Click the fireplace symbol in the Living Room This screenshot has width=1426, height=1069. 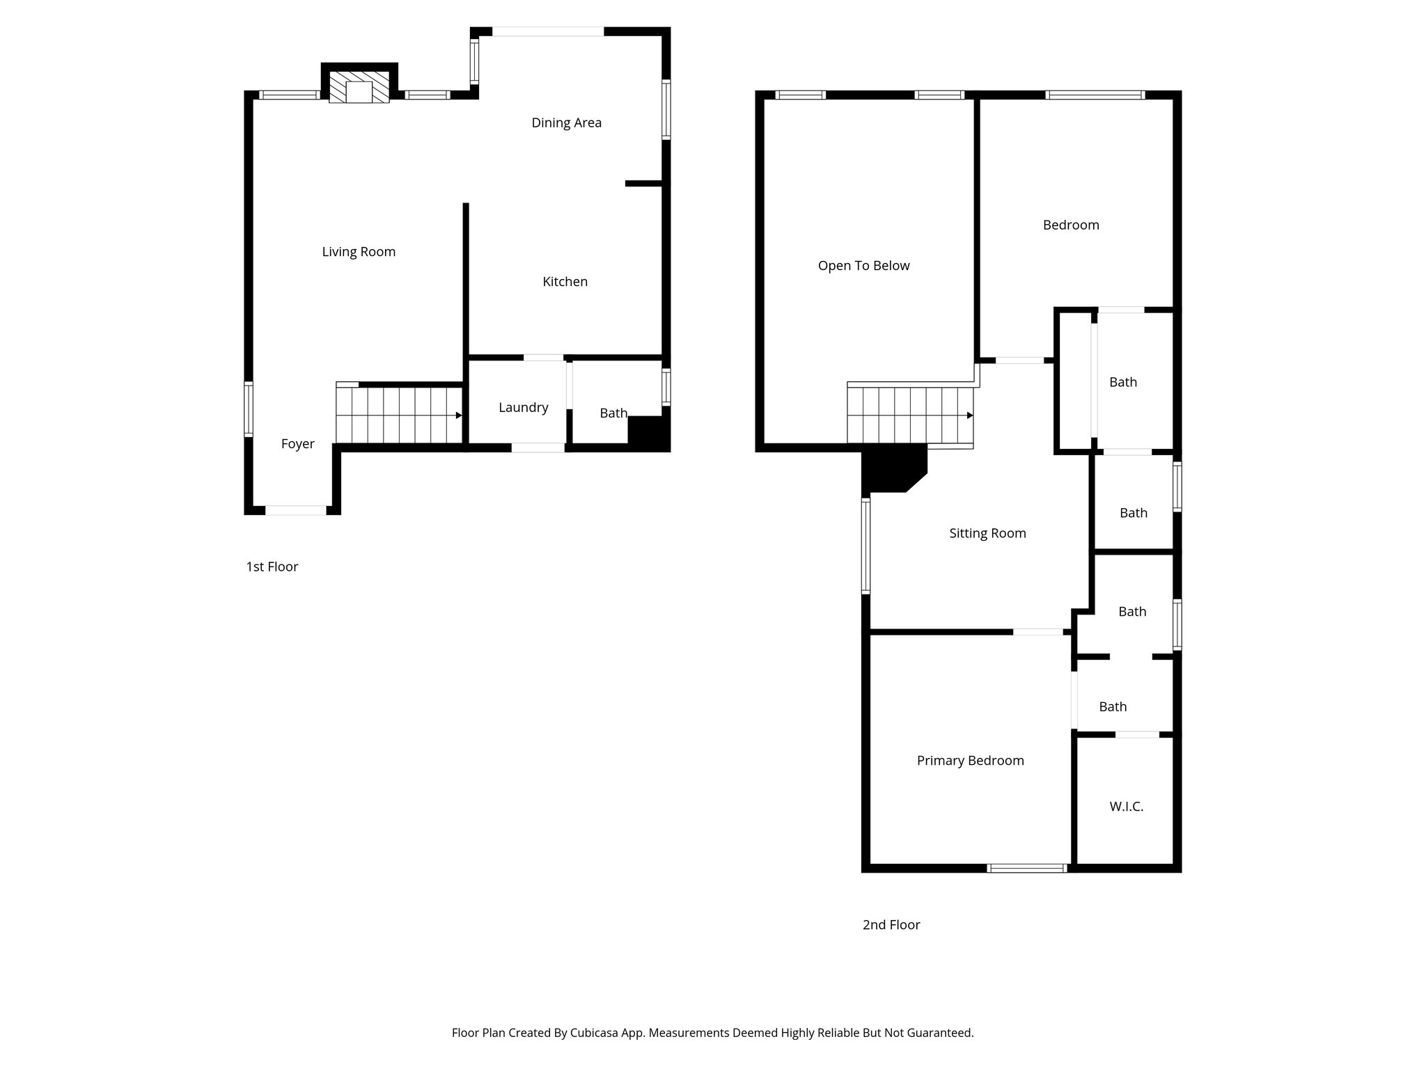point(359,88)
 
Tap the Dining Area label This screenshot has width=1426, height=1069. point(566,123)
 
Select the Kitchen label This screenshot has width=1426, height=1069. point(565,282)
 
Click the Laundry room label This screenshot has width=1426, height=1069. point(523,408)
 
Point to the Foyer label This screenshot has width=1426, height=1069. point(297,444)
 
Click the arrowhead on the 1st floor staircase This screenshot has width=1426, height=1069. point(458,415)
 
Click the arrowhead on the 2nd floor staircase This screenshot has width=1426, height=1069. point(969,415)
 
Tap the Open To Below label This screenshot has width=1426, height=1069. point(863,266)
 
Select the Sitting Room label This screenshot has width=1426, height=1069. point(987,534)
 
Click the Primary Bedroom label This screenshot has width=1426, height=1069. point(970,761)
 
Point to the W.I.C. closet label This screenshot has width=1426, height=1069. point(1126,807)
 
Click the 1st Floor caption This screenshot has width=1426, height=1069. point(272,567)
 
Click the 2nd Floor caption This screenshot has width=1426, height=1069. point(891,925)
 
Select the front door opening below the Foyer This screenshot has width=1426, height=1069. point(296,510)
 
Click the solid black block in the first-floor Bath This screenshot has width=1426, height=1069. point(647,431)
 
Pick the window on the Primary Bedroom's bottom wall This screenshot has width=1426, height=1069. point(1027,868)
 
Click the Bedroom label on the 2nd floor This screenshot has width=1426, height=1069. point(1070,225)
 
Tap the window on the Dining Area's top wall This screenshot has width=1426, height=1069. point(548,31)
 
